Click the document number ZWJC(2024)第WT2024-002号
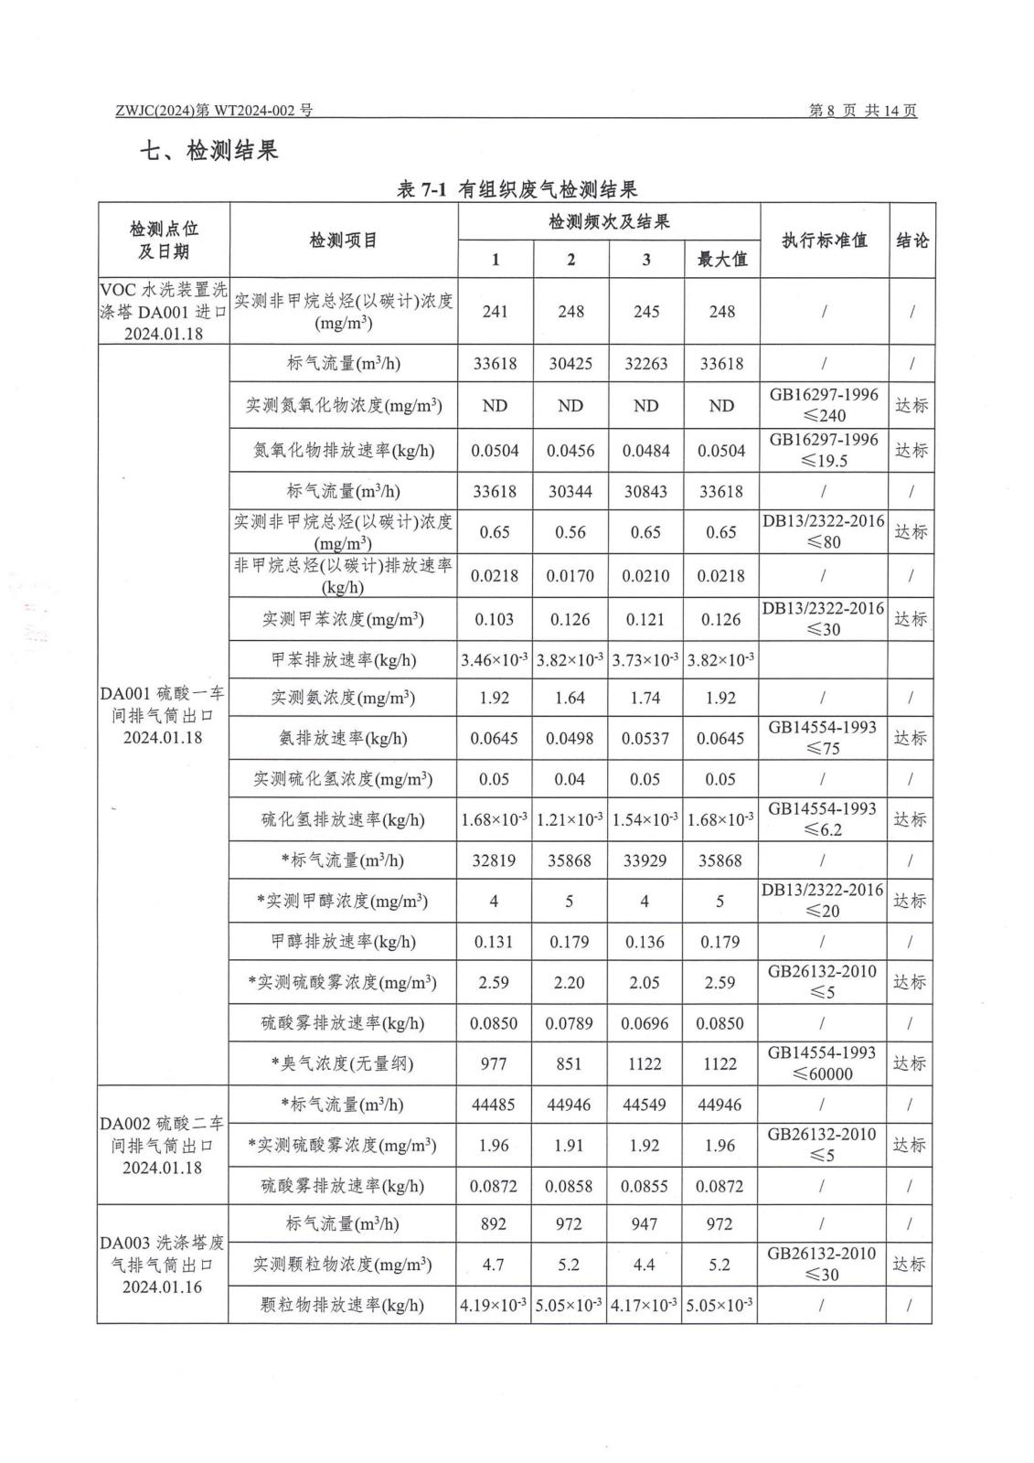pos(215,111)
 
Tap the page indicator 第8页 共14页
pos(862,111)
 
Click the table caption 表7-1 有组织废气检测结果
pos(517,189)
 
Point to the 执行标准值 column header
pos(823,240)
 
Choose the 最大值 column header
pos(721,260)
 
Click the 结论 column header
pos(911,240)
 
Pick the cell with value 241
pos(495,312)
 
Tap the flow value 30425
pos(570,364)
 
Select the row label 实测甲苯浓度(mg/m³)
pos(343,619)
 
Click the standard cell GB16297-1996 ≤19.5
pos(823,450)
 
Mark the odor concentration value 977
pos(494,1063)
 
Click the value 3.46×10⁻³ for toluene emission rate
pos(495,660)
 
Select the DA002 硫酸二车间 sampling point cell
pos(163,1145)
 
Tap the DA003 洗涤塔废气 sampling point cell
pos(163,1265)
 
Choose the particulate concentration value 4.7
pos(494,1265)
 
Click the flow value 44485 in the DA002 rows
pos(494,1105)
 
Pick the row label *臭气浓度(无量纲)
pos(343,1063)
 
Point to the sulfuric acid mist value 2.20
pos(570,982)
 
